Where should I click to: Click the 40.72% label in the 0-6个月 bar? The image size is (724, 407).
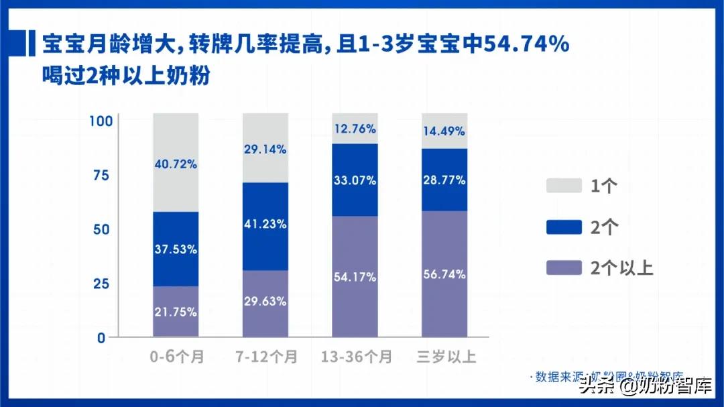pyautogui.click(x=176, y=164)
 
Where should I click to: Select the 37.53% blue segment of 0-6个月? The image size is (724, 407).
pyautogui.click(x=176, y=249)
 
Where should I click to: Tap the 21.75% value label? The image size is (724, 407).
pyautogui.click(x=176, y=312)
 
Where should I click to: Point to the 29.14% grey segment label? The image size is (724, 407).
pyautogui.click(x=265, y=150)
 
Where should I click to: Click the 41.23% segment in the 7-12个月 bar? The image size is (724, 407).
pyautogui.click(x=265, y=225)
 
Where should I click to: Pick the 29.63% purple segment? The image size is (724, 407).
pyautogui.click(x=265, y=302)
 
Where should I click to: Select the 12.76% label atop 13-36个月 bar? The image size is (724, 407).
pyautogui.click(x=354, y=129)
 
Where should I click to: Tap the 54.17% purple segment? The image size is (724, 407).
pyautogui.click(x=354, y=276)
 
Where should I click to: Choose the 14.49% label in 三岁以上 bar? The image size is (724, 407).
pyautogui.click(x=444, y=131)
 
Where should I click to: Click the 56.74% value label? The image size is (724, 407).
pyautogui.click(x=444, y=274)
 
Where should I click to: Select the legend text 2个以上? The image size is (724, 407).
pyautogui.click(x=621, y=268)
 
